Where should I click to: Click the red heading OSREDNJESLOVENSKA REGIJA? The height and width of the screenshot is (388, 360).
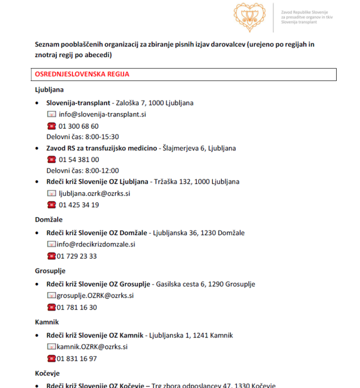[82, 74]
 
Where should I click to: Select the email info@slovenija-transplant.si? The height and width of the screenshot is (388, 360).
[102, 114]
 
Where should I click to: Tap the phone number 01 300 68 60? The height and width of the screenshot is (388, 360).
[79, 126]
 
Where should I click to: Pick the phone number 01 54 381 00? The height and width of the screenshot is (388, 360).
[79, 160]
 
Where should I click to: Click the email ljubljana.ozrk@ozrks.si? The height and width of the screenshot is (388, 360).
[94, 193]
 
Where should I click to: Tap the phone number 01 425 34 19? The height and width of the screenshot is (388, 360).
[79, 205]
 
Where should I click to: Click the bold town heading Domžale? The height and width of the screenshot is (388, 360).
[49, 220]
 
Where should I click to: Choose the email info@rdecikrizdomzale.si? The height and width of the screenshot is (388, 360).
[96, 244]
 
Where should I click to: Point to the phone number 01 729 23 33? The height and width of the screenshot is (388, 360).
[77, 256]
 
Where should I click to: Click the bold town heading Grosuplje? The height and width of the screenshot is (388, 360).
[50, 271]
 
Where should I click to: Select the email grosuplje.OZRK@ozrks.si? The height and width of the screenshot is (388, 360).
[95, 295]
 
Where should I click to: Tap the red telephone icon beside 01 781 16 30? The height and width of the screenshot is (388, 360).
[51, 307]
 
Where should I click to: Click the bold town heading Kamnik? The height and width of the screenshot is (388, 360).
[47, 322]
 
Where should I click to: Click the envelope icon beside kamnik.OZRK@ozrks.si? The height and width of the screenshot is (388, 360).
[51, 347]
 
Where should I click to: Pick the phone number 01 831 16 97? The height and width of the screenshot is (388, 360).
[77, 358]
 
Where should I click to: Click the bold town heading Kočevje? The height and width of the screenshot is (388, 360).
[48, 373]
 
